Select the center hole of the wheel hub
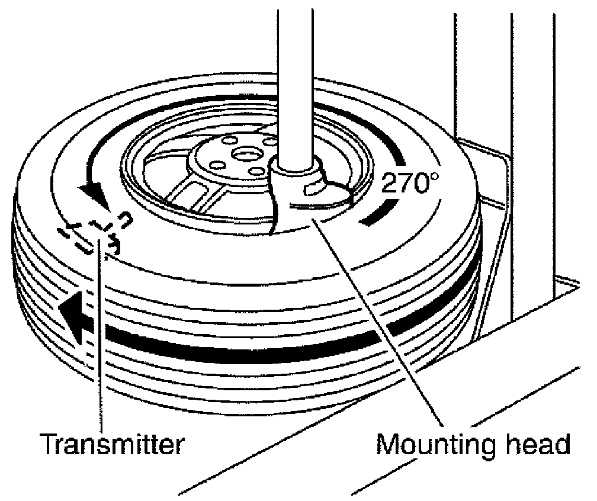click(x=244, y=153)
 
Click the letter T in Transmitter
click(x=49, y=443)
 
